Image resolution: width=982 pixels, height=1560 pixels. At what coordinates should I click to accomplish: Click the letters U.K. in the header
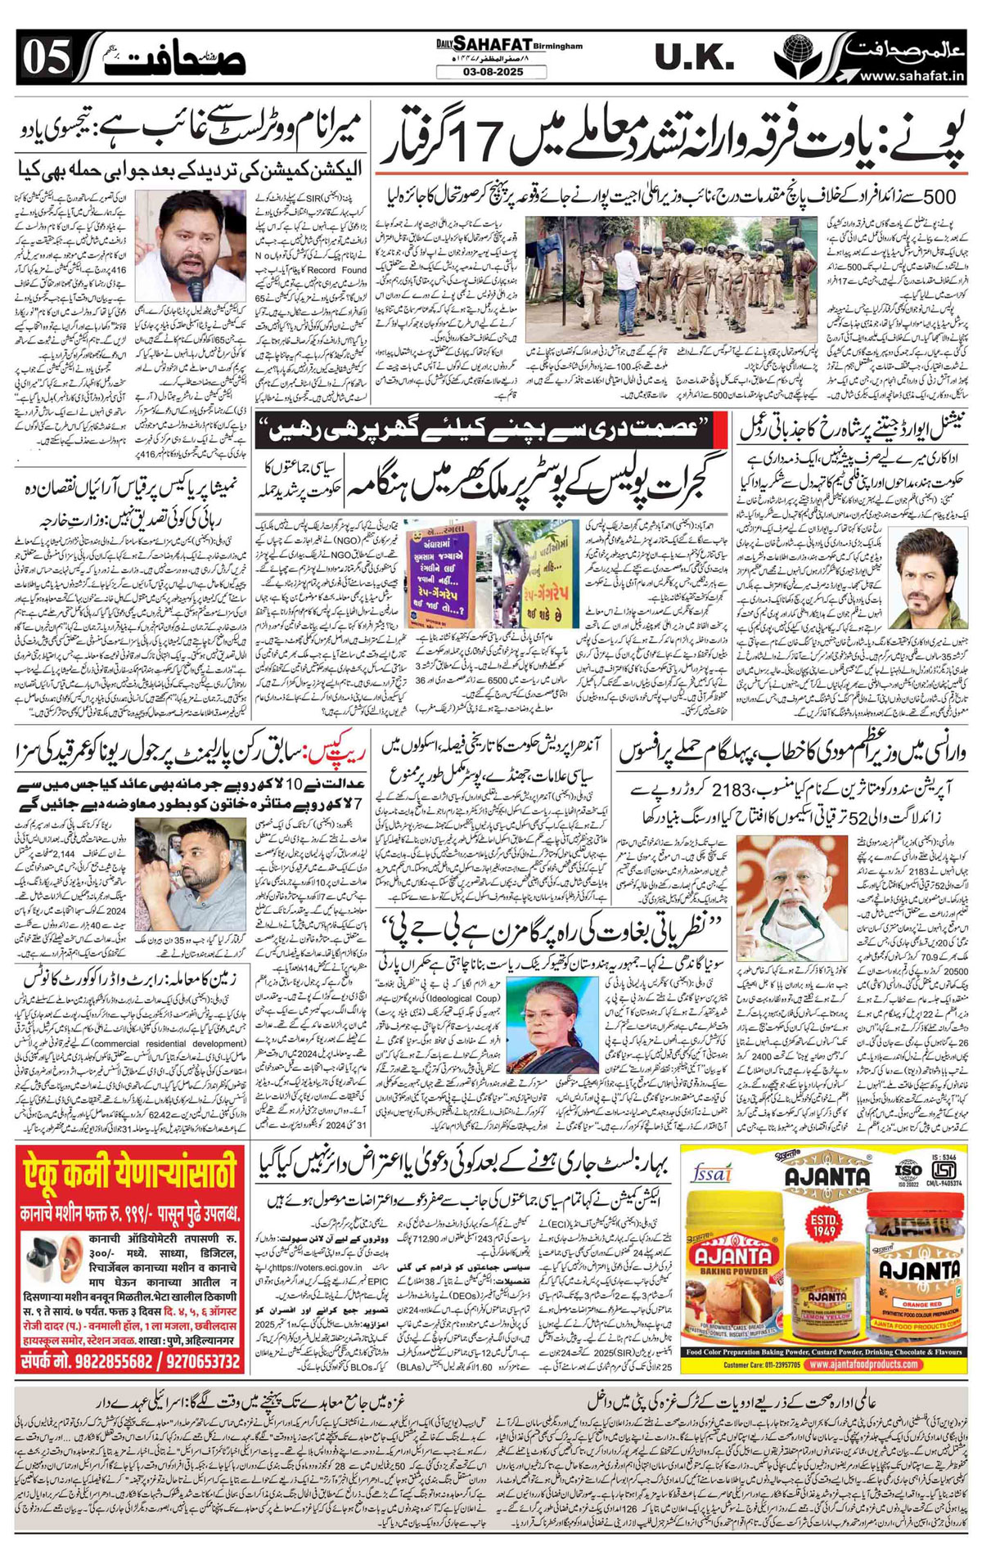694,58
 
